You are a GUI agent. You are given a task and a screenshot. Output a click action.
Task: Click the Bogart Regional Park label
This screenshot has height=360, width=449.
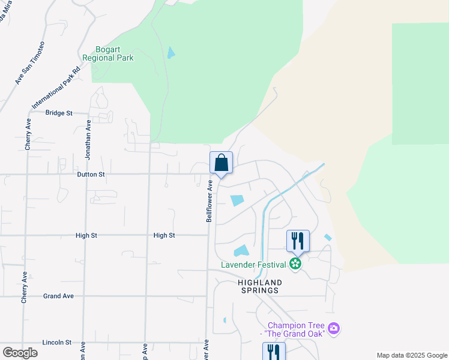[x=115, y=53]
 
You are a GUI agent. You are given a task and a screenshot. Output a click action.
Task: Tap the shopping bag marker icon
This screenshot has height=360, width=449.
[x=221, y=163]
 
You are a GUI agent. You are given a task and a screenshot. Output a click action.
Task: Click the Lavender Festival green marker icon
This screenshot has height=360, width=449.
[x=295, y=263]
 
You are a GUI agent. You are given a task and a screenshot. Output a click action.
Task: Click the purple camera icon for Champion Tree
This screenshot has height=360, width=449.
[x=334, y=328]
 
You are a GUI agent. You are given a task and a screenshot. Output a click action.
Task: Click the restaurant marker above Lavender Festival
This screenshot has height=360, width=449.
[x=298, y=241]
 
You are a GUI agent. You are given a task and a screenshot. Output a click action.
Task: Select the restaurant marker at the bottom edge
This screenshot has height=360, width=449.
[x=274, y=352]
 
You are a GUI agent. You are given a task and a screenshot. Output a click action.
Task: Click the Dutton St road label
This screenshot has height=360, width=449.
[x=91, y=175]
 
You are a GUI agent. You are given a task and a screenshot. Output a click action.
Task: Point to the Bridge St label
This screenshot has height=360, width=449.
[x=59, y=113]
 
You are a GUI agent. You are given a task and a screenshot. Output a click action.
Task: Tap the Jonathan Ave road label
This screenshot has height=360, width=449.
[x=88, y=139]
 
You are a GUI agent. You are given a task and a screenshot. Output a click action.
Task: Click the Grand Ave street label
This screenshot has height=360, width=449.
[x=58, y=296]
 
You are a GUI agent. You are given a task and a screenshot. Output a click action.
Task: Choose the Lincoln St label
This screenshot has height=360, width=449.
[x=57, y=343]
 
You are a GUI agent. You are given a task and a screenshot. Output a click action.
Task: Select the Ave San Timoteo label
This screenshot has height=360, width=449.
[x=30, y=62]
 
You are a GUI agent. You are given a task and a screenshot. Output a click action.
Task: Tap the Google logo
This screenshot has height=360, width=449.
[x=20, y=353]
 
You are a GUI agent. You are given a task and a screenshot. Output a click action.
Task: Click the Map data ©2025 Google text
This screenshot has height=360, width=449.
[x=411, y=355]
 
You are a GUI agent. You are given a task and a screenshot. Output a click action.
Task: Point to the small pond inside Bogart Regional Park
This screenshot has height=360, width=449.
[x=171, y=53]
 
